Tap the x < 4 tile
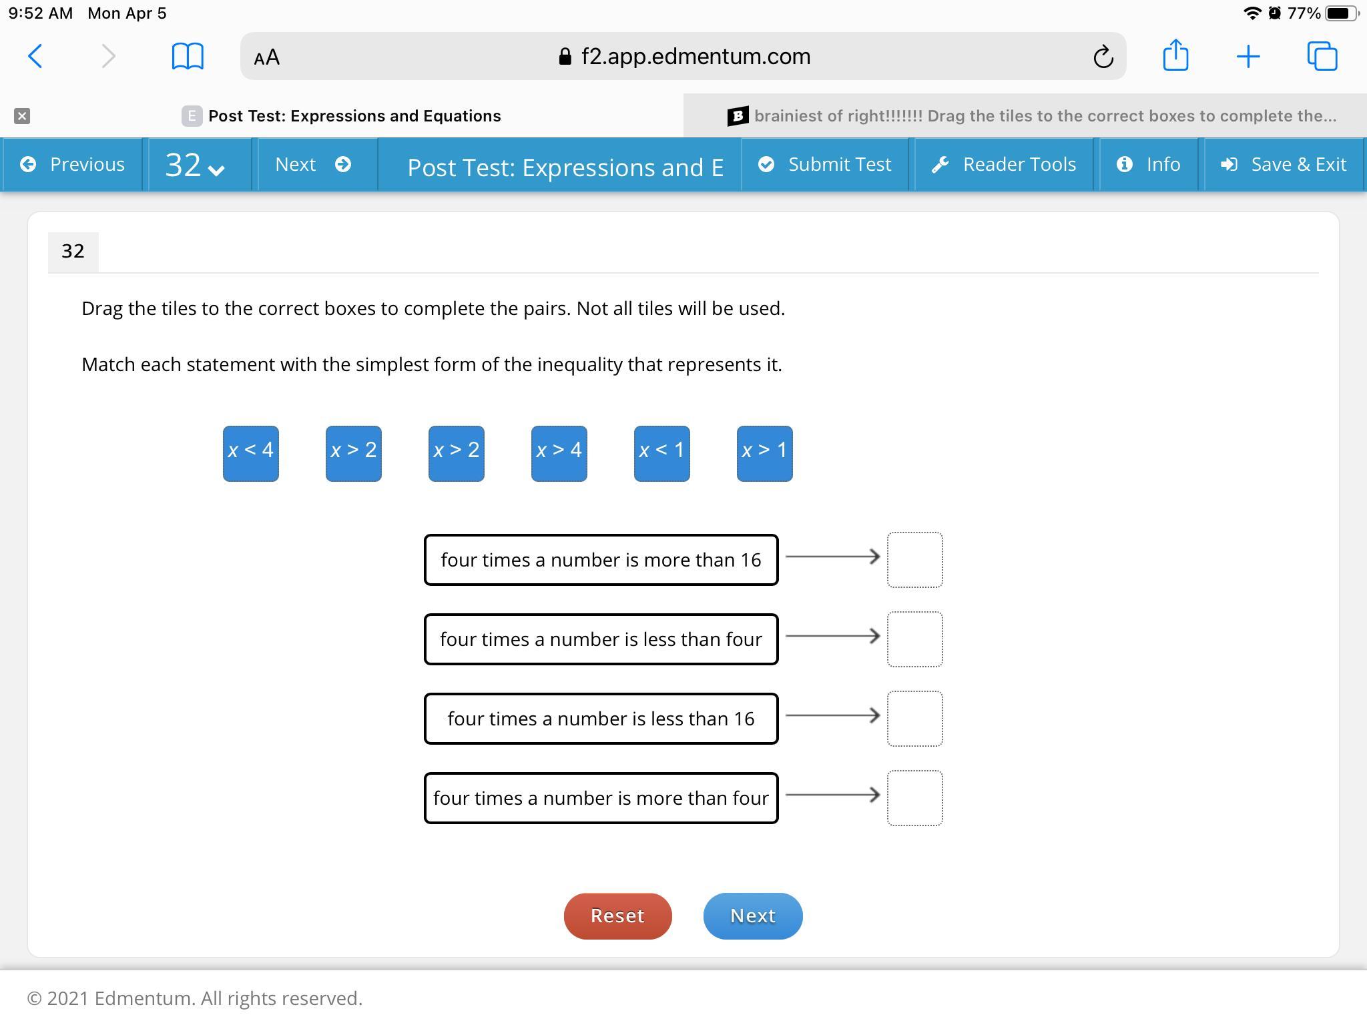click(250, 453)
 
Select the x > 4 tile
click(559, 453)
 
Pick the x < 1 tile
click(661, 453)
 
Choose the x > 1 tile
click(764, 453)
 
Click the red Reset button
click(617, 916)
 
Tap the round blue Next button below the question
click(753, 916)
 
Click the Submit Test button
click(825, 164)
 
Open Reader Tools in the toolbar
click(1004, 164)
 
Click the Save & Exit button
click(1284, 164)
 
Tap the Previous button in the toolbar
click(73, 164)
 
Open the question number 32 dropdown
click(195, 164)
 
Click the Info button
click(1149, 164)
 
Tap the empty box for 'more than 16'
click(914, 560)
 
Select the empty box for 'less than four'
click(914, 639)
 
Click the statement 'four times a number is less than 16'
click(601, 719)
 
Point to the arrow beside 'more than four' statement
click(833, 794)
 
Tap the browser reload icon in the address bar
click(1103, 57)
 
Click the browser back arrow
click(35, 56)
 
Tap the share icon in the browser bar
click(1175, 55)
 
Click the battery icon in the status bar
click(1342, 13)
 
